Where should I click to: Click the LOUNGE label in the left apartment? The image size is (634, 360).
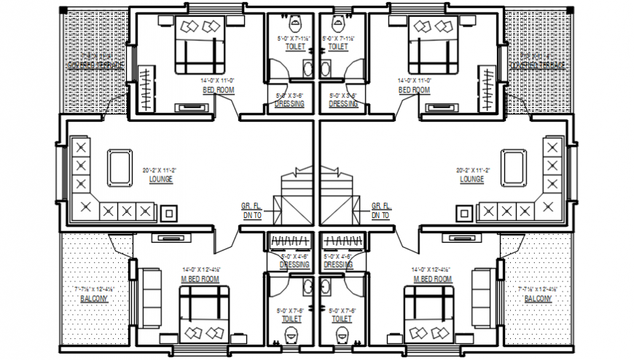tap(160, 179)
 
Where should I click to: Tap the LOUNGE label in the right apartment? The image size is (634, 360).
tap(471, 179)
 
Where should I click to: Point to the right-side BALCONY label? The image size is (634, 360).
tap(538, 299)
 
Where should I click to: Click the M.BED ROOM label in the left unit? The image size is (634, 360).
tap(200, 279)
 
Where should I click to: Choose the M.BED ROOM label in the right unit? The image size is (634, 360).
tap(432, 279)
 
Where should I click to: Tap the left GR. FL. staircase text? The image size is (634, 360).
tap(251, 206)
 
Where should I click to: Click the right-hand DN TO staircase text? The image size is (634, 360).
tap(380, 216)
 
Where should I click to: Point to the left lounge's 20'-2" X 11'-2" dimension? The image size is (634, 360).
tap(160, 171)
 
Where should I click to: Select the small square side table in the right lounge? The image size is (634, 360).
tap(463, 213)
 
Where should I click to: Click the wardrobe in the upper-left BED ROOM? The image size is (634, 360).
tap(146, 88)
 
